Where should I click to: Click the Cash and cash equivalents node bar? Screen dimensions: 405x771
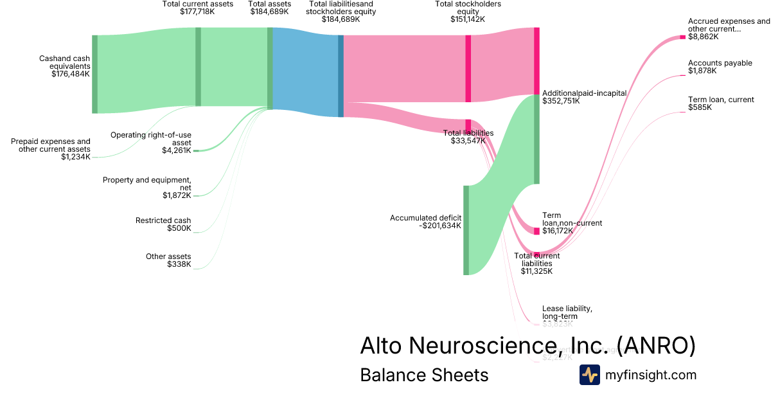[94, 74]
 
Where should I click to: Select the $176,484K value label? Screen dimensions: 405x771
[71, 74]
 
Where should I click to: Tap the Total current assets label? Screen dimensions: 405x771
[198, 4]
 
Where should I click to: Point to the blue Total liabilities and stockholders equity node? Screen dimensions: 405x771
[341, 76]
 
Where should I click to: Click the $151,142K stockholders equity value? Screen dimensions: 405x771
[468, 19]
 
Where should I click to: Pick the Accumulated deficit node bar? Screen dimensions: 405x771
[466, 230]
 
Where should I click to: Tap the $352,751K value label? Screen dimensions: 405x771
[561, 101]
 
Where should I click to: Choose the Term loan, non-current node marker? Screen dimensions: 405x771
[537, 231]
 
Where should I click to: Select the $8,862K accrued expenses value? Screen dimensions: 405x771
[703, 37]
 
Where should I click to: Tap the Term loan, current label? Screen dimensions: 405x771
[720, 100]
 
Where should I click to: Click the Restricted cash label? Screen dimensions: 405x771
[163, 221]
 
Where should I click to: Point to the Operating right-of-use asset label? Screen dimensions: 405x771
[151, 139]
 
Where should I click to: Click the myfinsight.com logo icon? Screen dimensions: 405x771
[589, 375]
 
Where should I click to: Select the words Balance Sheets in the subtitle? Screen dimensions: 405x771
[424, 375]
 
